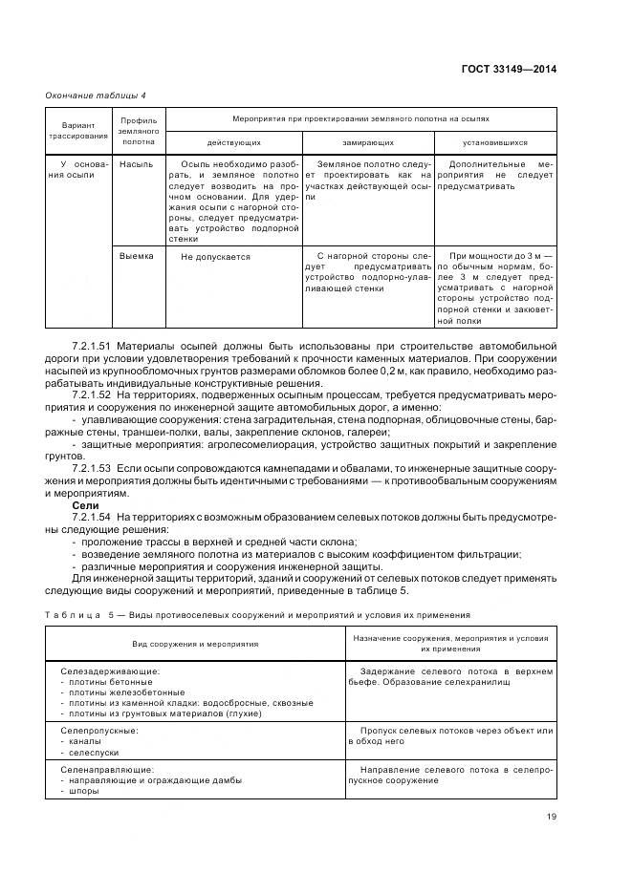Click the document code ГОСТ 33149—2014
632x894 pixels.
[511, 69]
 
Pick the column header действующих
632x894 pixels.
[233, 140]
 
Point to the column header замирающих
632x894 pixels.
[368, 140]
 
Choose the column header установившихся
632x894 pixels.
[495, 140]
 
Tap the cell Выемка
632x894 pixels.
[137, 256]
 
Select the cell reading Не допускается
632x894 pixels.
[215, 257]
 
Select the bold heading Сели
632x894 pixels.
[86, 505]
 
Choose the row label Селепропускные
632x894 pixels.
[99, 732]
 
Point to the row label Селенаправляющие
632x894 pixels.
[105, 770]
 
